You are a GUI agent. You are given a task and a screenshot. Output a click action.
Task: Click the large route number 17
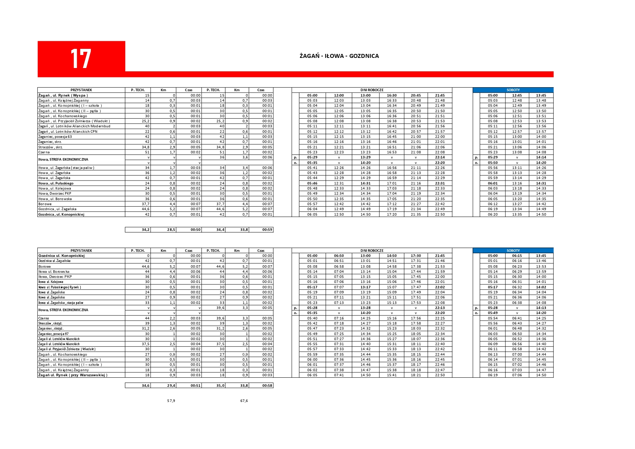click(x=80, y=59)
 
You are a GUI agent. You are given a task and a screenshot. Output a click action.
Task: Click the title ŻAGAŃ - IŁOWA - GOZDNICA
click(x=339, y=56)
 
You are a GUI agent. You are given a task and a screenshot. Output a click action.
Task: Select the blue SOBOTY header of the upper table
click(x=513, y=90)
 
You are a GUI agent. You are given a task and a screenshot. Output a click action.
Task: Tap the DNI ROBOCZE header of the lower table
click(x=372, y=250)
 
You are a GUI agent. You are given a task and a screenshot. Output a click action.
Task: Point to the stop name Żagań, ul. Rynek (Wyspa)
click(x=63, y=96)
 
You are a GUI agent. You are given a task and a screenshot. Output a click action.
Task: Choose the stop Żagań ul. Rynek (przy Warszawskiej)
click(x=73, y=375)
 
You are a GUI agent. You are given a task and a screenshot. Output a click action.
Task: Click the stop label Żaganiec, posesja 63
click(x=55, y=137)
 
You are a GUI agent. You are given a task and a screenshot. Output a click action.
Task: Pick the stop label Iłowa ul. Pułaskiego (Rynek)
click(x=60, y=287)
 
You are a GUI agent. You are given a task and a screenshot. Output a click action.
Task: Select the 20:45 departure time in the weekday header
click(x=416, y=96)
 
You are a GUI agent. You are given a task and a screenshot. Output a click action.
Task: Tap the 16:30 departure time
click(x=392, y=96)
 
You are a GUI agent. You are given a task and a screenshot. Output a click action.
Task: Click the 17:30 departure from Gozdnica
click(x=416, y=256)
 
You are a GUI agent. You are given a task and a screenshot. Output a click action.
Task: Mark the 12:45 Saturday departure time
click(x=517, y=96)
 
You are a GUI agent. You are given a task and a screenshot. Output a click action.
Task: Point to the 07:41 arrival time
click(x=339, y=375)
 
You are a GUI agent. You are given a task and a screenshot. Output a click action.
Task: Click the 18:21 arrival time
click(x=416, y=375)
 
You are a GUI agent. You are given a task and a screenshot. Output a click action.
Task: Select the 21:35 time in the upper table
click(x=416, y=215)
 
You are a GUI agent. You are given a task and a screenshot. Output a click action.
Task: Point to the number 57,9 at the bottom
click(x=171, y=401)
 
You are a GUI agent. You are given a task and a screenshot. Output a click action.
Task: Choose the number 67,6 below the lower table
click(x=244, y=401)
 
